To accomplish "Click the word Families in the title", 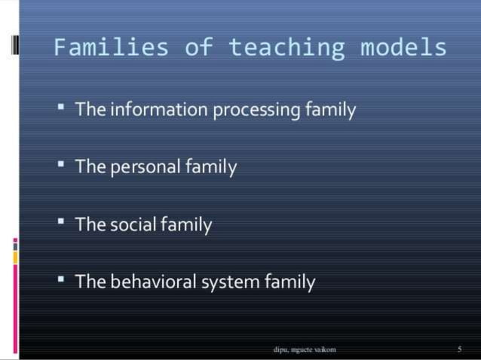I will click(x=111, y=48).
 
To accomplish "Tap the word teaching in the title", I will click(x=287, y=48).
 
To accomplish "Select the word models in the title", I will click(x=403, y=48).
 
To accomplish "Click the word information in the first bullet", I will click(x=159, y=110).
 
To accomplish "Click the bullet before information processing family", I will click(x=61, y=106).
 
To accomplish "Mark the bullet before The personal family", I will click(x=61, y=163).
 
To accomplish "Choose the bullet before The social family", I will click(x=61, y=221).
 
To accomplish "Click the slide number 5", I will click(x=458, y=349).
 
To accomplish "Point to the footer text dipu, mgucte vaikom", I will click(x=304, y=349).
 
